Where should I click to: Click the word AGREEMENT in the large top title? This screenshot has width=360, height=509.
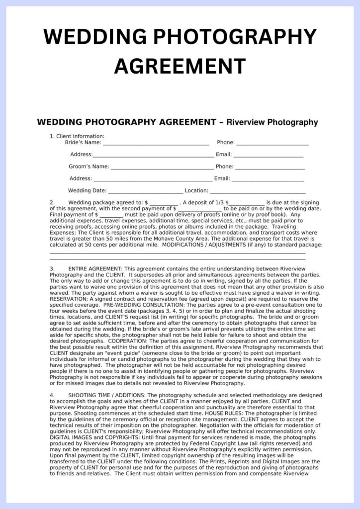coord(180,65)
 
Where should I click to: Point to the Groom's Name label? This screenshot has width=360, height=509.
coord(89,167)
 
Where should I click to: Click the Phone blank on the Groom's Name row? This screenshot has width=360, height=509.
coord(270,167)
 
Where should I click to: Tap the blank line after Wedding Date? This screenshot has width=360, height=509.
coord(145,191)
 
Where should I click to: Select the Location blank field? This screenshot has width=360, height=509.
coord(258,191)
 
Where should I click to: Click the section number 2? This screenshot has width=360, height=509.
coord(52,203)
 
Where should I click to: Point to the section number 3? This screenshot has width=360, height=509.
coord(52,268)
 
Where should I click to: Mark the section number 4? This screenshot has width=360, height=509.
coord(52,395)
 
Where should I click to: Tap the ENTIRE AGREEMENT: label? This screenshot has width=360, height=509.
coord(95,268)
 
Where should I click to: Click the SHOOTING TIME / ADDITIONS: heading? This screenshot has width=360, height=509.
coord(106,395)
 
